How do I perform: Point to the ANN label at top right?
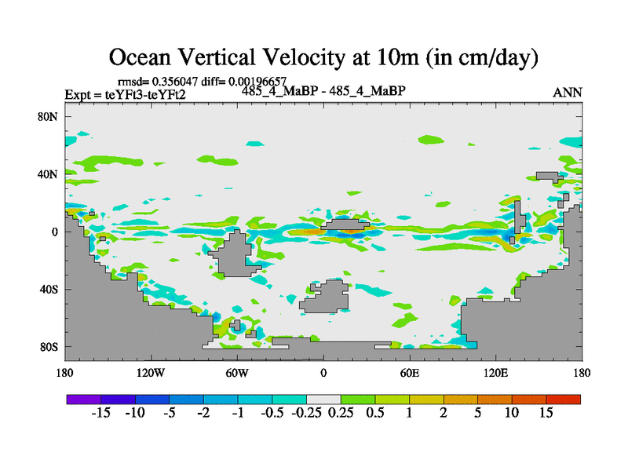click(568, 93)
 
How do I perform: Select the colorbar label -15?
click(101, 414)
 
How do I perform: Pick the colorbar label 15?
click(546, 414)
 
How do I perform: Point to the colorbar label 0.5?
click(375, 414)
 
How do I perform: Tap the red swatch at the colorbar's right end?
click(564, 399)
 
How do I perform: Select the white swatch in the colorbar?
click(323, 399)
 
